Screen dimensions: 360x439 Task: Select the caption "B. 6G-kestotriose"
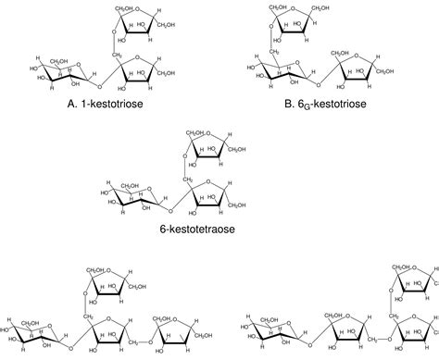point(328,102)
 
